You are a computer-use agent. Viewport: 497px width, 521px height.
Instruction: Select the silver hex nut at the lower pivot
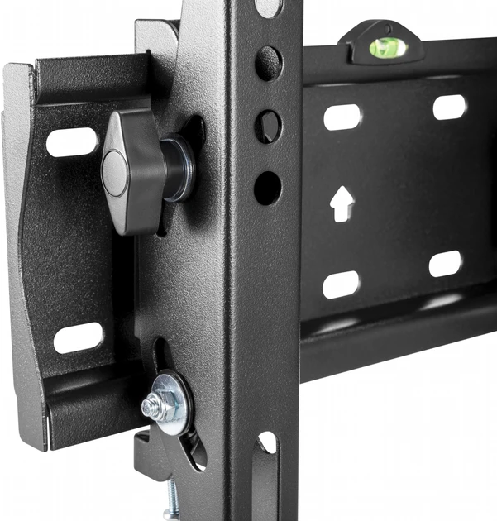coord(154,405)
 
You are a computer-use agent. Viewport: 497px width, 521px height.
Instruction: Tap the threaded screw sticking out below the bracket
coord(171,499)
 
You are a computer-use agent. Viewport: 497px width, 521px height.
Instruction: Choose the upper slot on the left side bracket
coord(71,141)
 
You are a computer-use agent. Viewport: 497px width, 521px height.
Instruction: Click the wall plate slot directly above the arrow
coord(342,116)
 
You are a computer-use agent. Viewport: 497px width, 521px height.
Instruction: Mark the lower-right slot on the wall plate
coord(446,264)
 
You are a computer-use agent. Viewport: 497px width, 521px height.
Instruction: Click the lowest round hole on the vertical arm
coord(267,188)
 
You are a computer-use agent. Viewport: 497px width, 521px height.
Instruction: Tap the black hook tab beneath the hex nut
coord(149,452)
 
